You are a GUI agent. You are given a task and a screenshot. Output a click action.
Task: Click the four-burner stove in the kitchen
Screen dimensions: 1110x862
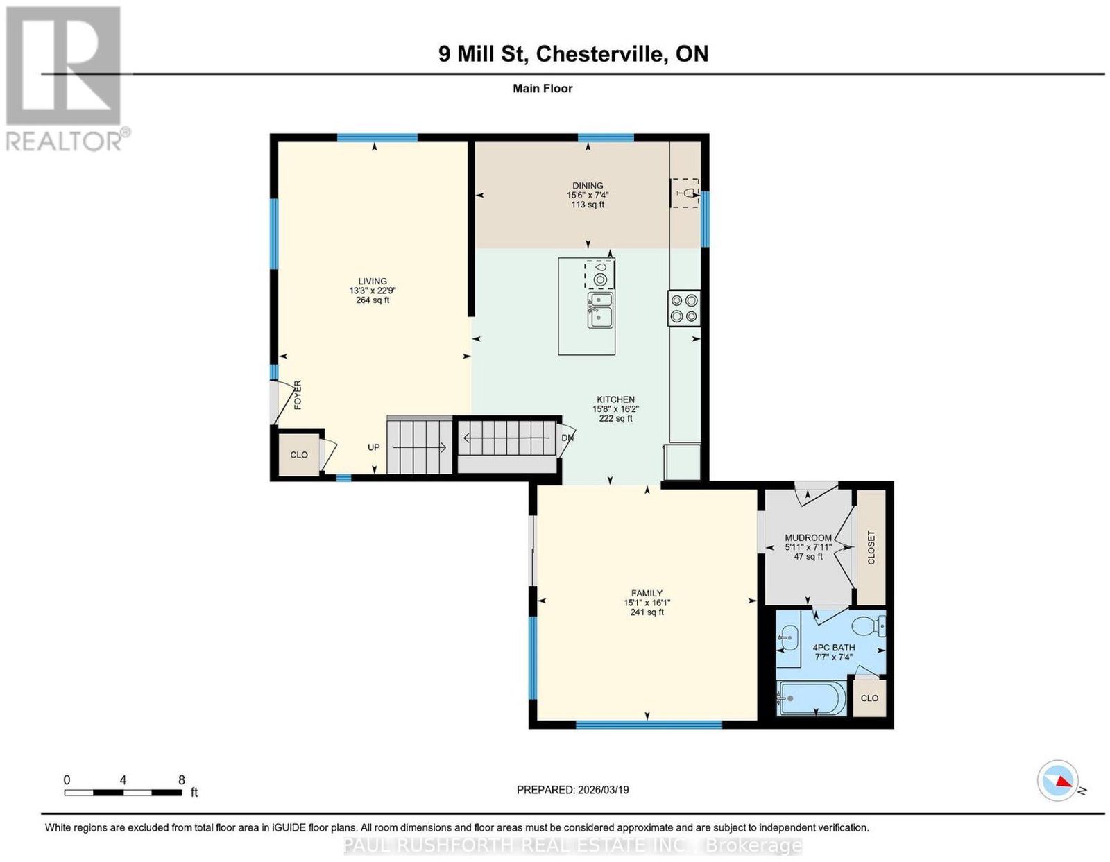click(x=684, y=308)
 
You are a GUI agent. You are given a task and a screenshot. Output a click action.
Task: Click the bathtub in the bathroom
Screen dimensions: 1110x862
click(x=811, y=698)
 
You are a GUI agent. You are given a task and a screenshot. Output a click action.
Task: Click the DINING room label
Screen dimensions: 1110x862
click(x=588, y=186)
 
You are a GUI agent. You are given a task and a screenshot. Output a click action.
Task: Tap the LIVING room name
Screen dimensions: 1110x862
click(x=373, y=282)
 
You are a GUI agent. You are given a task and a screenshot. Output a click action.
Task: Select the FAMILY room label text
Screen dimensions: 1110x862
click(x=647, y=593)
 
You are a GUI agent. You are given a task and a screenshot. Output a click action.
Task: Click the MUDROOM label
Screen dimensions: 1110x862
click(x=808, y=537)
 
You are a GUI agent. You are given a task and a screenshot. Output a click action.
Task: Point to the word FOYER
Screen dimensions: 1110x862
click(x=298, y=395)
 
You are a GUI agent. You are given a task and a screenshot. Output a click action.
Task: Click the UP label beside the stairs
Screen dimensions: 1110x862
click(x=374, y=447)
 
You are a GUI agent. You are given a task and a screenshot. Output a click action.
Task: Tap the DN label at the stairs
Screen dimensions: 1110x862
click(x=567, y=438)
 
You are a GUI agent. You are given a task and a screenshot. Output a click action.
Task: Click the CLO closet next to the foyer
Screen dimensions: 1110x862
click(x=299, y=455)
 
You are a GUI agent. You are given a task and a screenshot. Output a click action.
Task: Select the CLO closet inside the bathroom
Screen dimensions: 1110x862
click(x=869, y=698)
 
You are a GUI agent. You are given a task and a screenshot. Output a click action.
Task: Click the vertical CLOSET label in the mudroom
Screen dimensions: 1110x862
click(x=871, y=548)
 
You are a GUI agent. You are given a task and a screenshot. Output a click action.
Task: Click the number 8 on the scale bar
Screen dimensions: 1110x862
click(x=181, y=780)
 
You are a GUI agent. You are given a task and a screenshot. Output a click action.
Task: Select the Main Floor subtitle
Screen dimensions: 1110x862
click(x=543, y=88)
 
